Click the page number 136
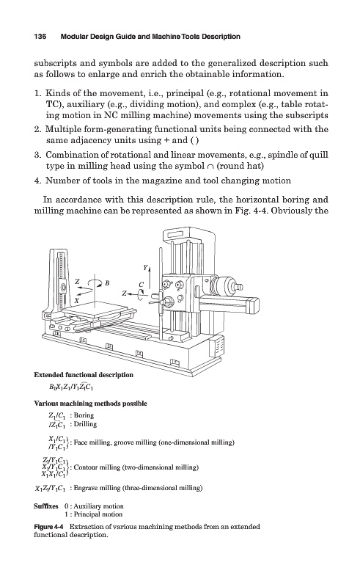click(40, 37)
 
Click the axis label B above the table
click(106, 283)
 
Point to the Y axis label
click(146, 267)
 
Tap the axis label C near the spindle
click(142, 285)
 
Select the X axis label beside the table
click(76, 300)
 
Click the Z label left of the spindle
click(124, 293)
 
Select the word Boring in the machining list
click(84, 415)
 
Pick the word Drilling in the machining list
click(85, 424)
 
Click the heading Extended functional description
click(84, 375)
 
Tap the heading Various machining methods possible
click(91, 404)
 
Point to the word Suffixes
click(46, 506)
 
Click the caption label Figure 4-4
click(50, 527)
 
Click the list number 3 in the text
click(37, 155)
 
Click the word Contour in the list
click(86, 467)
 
